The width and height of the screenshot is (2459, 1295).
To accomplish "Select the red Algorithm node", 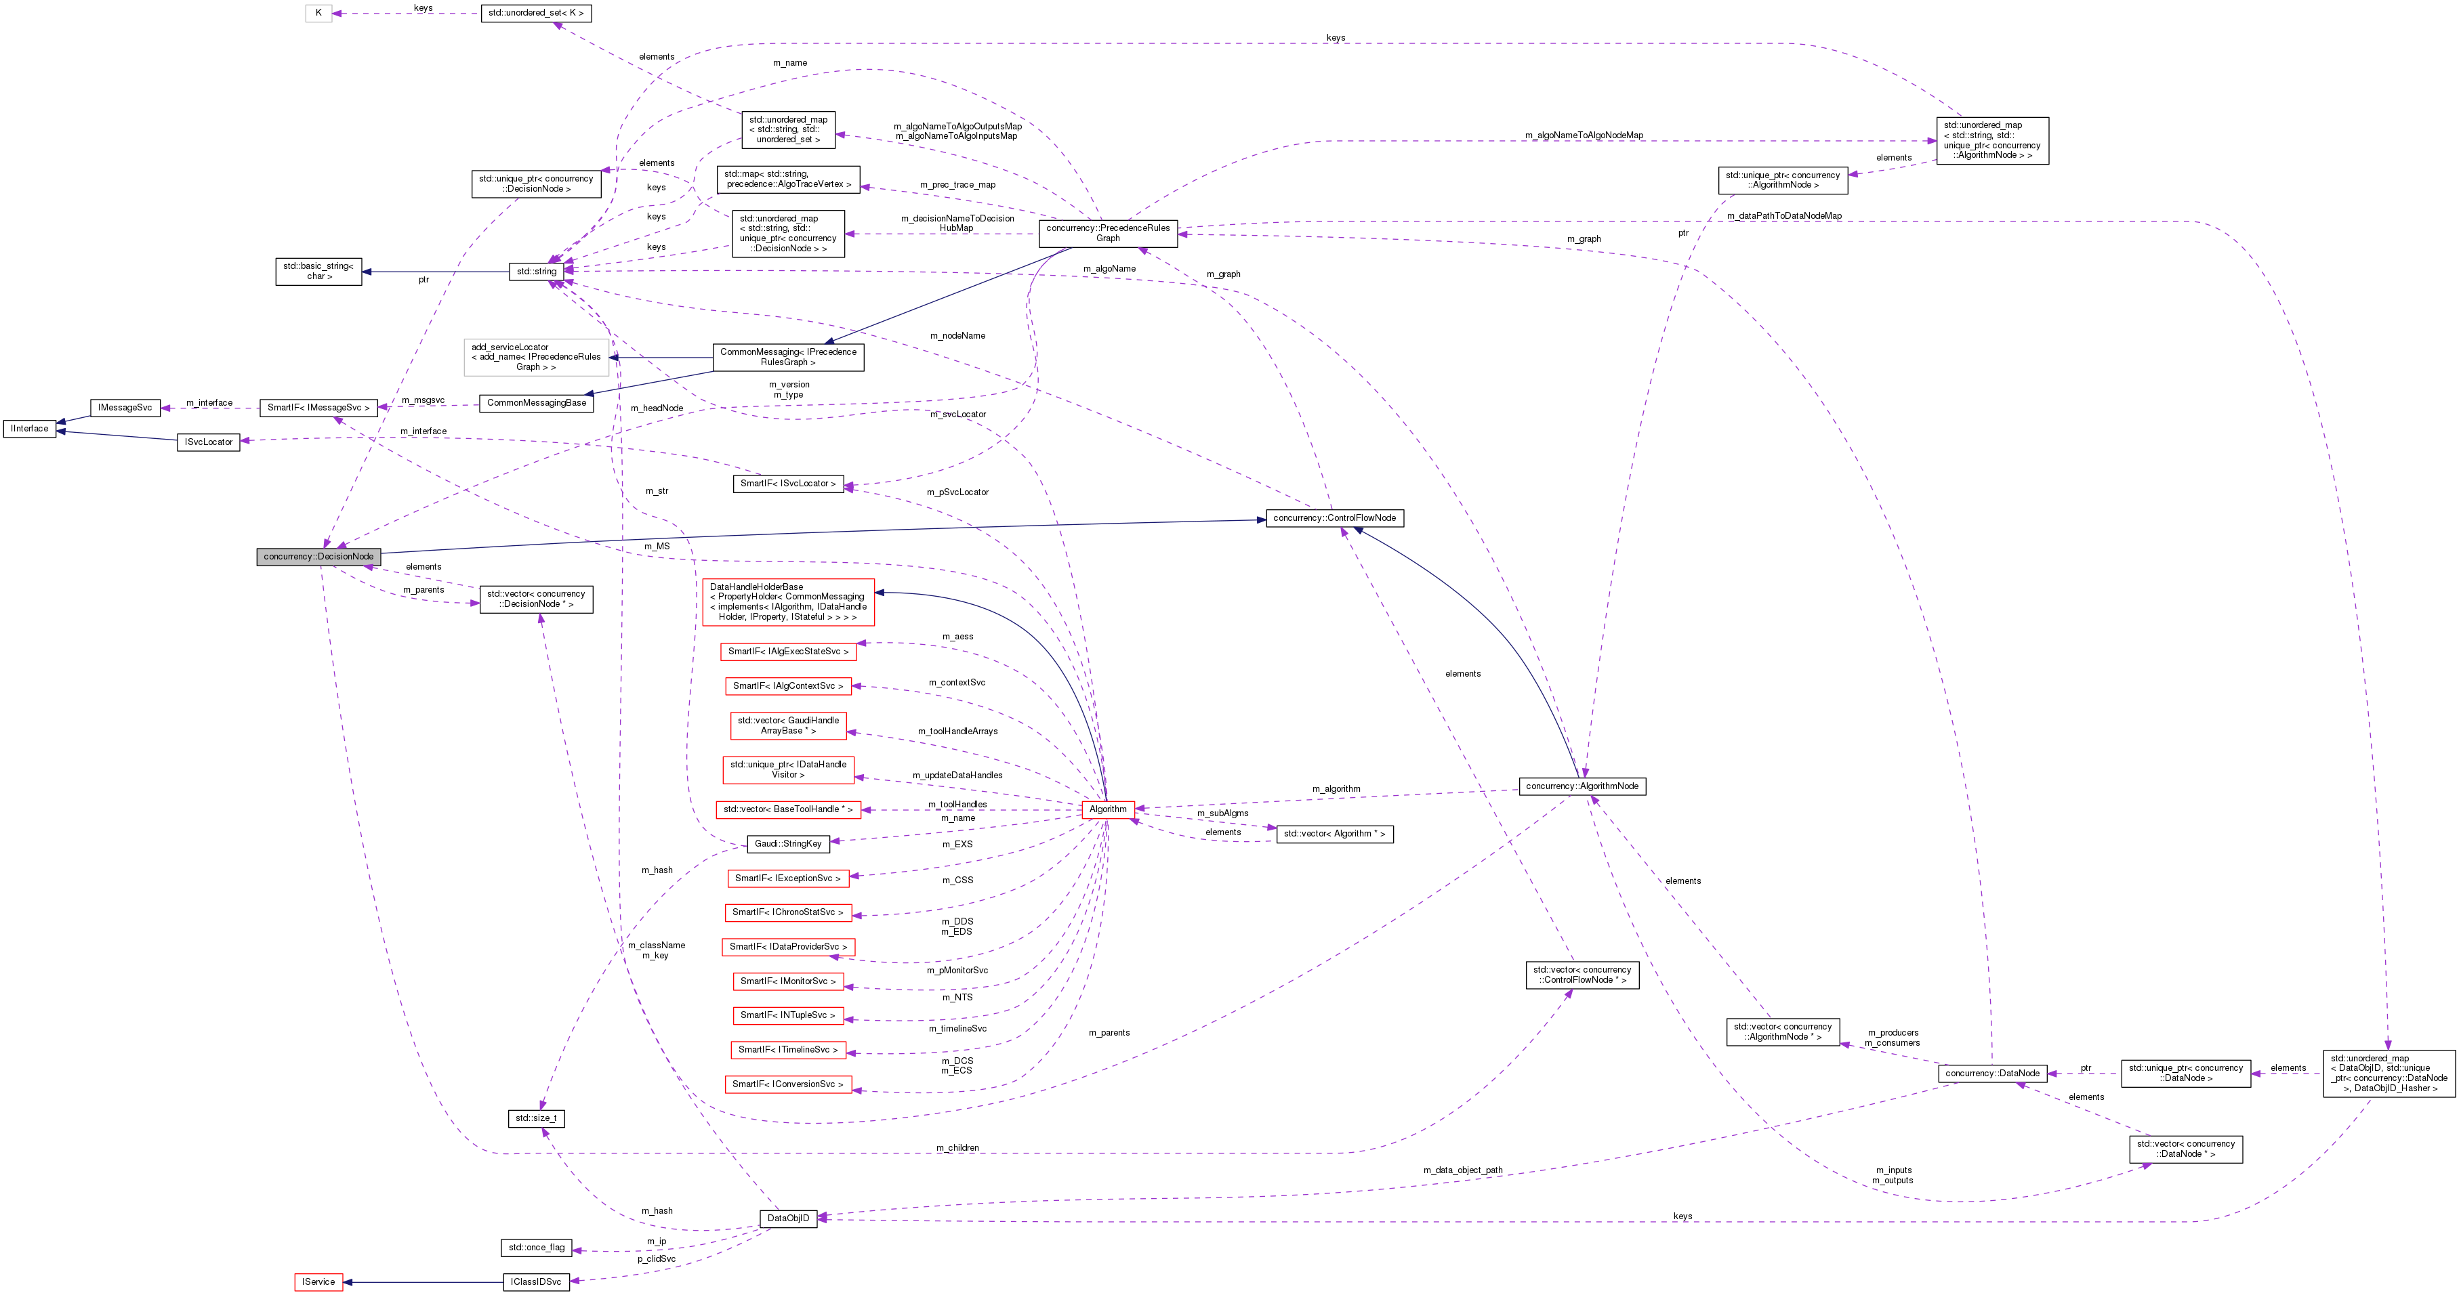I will (1107, 809).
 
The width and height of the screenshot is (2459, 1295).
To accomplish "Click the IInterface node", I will (30, 429).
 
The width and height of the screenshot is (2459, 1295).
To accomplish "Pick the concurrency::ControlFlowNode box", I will (1334, 518).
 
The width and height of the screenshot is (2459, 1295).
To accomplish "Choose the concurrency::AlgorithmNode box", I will (1582, 786).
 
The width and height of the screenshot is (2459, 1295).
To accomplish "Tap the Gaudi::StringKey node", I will (787, 844).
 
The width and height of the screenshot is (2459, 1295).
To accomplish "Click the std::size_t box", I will (535, 1118).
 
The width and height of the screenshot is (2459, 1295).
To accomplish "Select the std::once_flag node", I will (535, 1248).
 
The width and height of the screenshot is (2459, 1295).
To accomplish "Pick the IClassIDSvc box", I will (535, 1281).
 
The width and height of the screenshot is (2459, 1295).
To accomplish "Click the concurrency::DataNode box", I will (1992, 1074).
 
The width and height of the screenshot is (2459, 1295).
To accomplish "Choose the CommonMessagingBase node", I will (535, 404).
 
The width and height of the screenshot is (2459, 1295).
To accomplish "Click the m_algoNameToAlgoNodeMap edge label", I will (1584, 135).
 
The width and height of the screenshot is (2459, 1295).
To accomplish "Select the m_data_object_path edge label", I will (1462, 1170).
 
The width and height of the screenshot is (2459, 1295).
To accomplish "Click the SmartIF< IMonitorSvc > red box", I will (787, 981).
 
